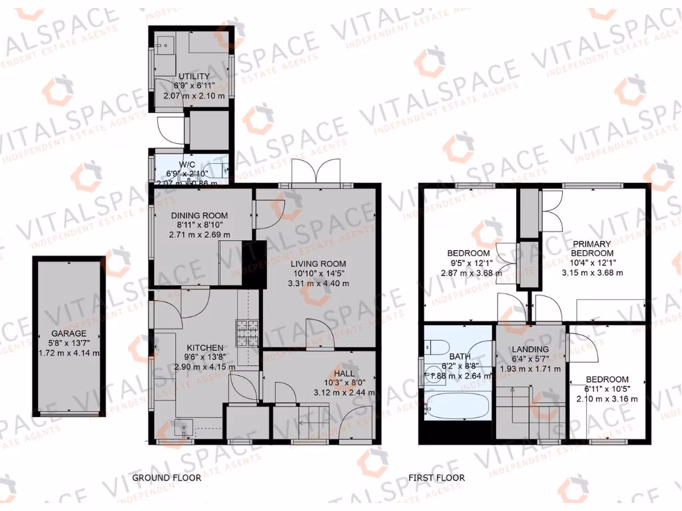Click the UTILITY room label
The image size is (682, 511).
point(191,77)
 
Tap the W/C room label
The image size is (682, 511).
point(186,165)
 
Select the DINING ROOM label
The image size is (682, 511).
point(199,216)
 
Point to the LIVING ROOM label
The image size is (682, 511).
point(317,263)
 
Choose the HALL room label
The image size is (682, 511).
point(346,373)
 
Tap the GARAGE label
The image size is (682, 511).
point(69,333)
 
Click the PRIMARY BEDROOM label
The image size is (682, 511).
point(592,249)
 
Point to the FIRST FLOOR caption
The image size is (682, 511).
point(437,478)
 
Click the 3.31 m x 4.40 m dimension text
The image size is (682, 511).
point(317,283)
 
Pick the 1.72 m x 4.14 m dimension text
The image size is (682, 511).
point(69,353)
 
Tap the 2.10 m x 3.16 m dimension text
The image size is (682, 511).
point(606,399)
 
